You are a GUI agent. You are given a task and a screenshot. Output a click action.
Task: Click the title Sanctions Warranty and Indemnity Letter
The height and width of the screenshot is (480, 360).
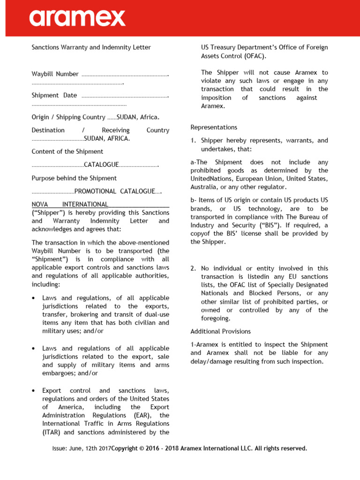click(91, 47)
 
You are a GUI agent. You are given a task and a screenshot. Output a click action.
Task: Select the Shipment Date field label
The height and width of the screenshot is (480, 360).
click(54, 95)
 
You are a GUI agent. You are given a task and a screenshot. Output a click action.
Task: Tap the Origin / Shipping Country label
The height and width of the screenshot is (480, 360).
click(68, 117)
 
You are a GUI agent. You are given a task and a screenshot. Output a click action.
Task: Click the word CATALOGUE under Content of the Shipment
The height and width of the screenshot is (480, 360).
click(101, 165)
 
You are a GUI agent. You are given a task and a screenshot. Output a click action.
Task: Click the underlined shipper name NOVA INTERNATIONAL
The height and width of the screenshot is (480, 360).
click(70, 204)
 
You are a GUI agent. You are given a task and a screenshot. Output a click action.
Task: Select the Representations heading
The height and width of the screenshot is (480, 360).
click(214, 127)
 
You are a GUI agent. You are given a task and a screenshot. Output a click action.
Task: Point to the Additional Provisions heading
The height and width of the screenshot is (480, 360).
click(220, 331)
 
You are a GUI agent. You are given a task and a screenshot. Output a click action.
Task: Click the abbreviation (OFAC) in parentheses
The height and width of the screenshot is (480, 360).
click(255, 56)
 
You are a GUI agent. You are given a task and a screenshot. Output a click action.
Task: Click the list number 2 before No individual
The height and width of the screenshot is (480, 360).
click(193, 269)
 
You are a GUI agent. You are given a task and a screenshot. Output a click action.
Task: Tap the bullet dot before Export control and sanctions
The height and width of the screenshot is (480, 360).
click(34, 391)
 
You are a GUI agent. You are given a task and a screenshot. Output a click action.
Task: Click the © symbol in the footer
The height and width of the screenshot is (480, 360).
click(142, 449)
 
